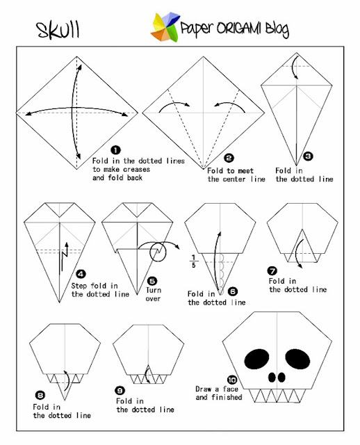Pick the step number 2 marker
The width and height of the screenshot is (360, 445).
pos(229,159)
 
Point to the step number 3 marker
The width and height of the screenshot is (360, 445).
pos(309,157)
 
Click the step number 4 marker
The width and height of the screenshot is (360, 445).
pos(81,274)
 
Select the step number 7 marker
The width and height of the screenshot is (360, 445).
pos(272,270)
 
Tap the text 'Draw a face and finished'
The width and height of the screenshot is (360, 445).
pos(218,393)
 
